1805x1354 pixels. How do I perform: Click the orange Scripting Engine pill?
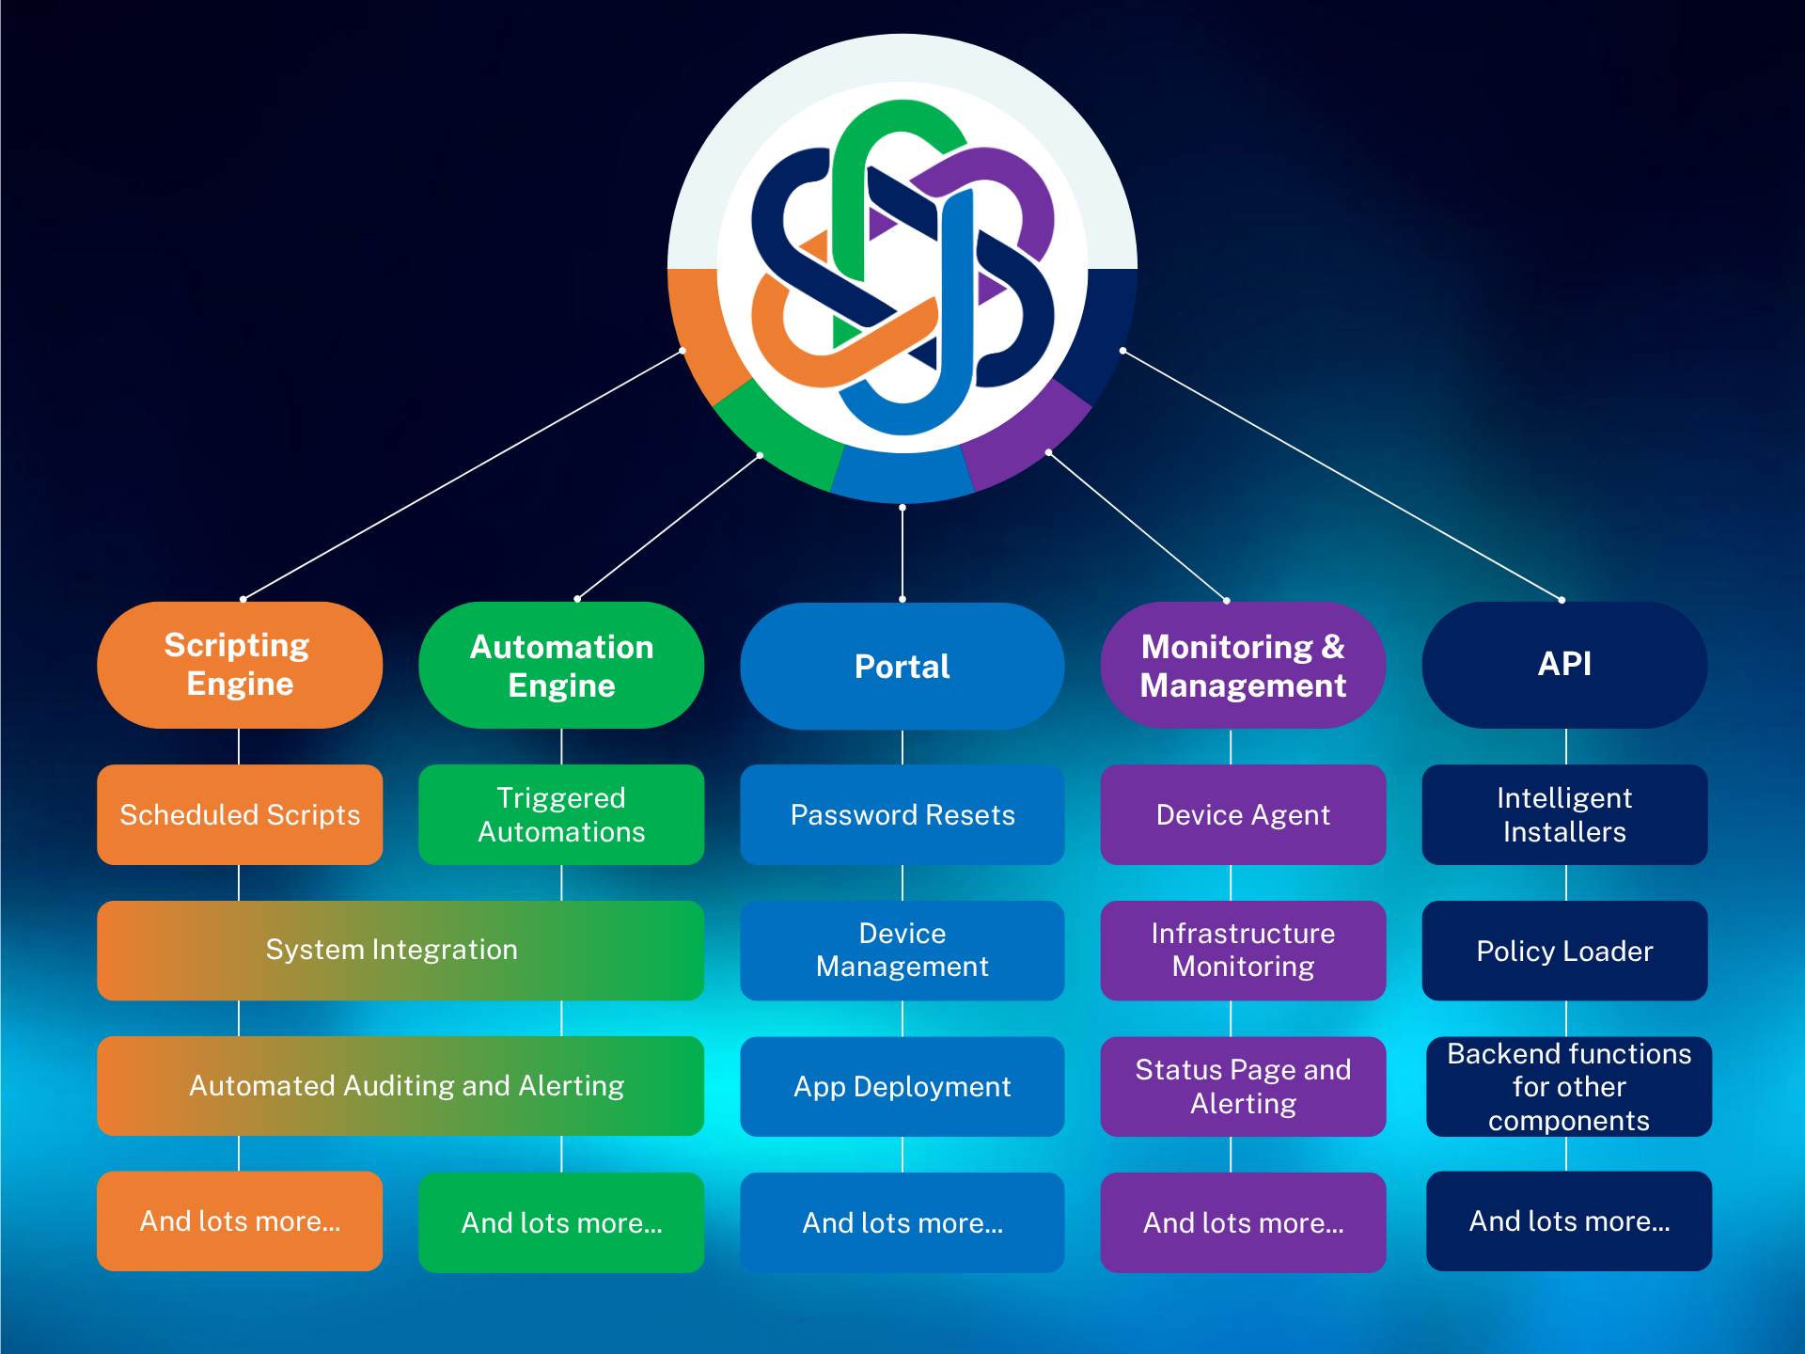point(240,665)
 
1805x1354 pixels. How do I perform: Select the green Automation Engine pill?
point(561,665)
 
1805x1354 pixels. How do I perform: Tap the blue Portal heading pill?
point(902,666)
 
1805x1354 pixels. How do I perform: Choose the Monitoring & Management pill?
point(1243,665)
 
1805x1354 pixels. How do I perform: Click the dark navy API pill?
point(1564,665)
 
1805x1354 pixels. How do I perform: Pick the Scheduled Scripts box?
point(240,814)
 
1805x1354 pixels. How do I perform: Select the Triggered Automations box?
point(561,814)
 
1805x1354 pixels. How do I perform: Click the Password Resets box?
point(902,814)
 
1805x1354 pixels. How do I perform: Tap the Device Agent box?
point(1243,814)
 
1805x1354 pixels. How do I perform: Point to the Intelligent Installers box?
point(1564,814)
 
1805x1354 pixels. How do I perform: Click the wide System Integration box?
point(400,950)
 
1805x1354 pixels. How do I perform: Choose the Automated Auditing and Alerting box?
point(400,1085)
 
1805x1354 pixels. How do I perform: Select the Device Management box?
point(902,950)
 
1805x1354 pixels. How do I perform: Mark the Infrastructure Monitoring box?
point(1243,950)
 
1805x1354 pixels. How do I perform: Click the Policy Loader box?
point(1564,950)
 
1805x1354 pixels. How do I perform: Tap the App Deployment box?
point(902,1086)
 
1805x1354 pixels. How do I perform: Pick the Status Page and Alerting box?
point(1243,1086)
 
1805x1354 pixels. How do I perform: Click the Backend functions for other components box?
point(1568,1086)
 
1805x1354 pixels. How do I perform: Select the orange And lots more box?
point(240,1220)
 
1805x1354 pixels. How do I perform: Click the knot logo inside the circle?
point(902,268)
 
